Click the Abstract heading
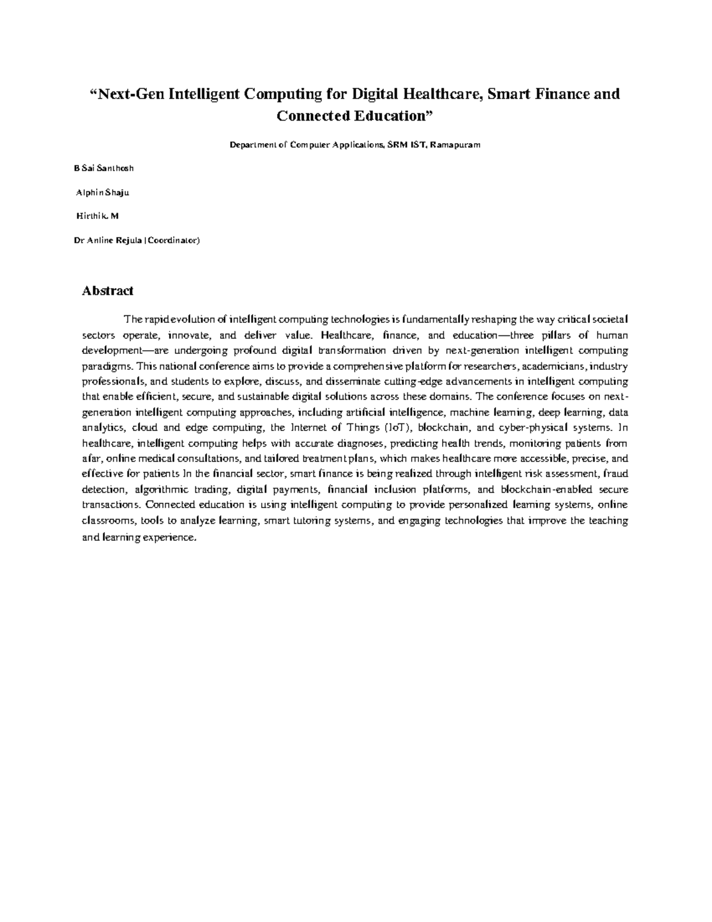point(107,291)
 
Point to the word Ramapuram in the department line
point(456,145)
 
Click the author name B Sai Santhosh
point(104,168)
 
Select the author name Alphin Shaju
point(103,192)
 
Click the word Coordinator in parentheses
point(172,240)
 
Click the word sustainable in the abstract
point(250,397)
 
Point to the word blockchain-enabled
point(548,489)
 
